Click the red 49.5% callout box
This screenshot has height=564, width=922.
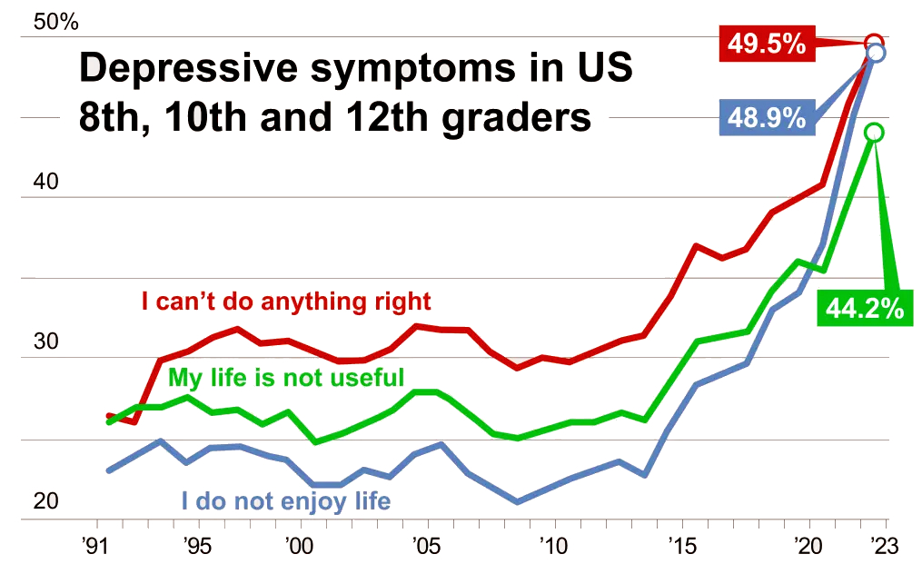point(765,42)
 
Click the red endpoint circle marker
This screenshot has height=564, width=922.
point(874,42)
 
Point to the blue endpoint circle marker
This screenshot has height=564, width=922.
point(876,53)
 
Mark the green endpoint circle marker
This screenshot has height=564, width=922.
point(874,133)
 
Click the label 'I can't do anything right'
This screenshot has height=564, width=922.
point(286,300)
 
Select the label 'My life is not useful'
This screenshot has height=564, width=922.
point(286,376)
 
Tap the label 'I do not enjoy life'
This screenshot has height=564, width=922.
point(286,500)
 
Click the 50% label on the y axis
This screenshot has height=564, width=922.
point(56,22)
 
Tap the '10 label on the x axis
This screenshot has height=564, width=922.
point(552,548)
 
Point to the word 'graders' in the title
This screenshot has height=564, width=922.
point(518,118)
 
